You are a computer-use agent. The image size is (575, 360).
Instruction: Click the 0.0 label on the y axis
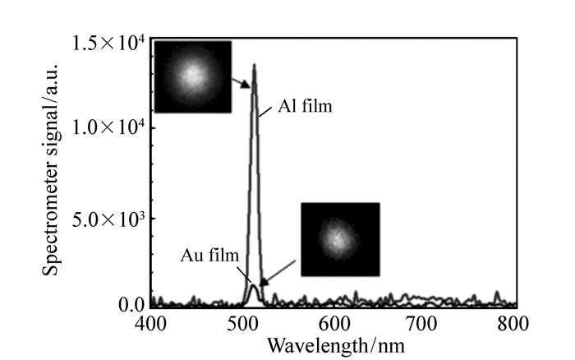pos(132,305)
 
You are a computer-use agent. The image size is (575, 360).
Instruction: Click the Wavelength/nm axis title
pos(336,343)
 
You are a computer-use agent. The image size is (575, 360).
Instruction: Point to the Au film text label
pos(210,255)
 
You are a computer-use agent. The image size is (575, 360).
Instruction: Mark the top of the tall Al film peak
pos(255,66)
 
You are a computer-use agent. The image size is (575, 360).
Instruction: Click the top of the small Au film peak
pos(254,285)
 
